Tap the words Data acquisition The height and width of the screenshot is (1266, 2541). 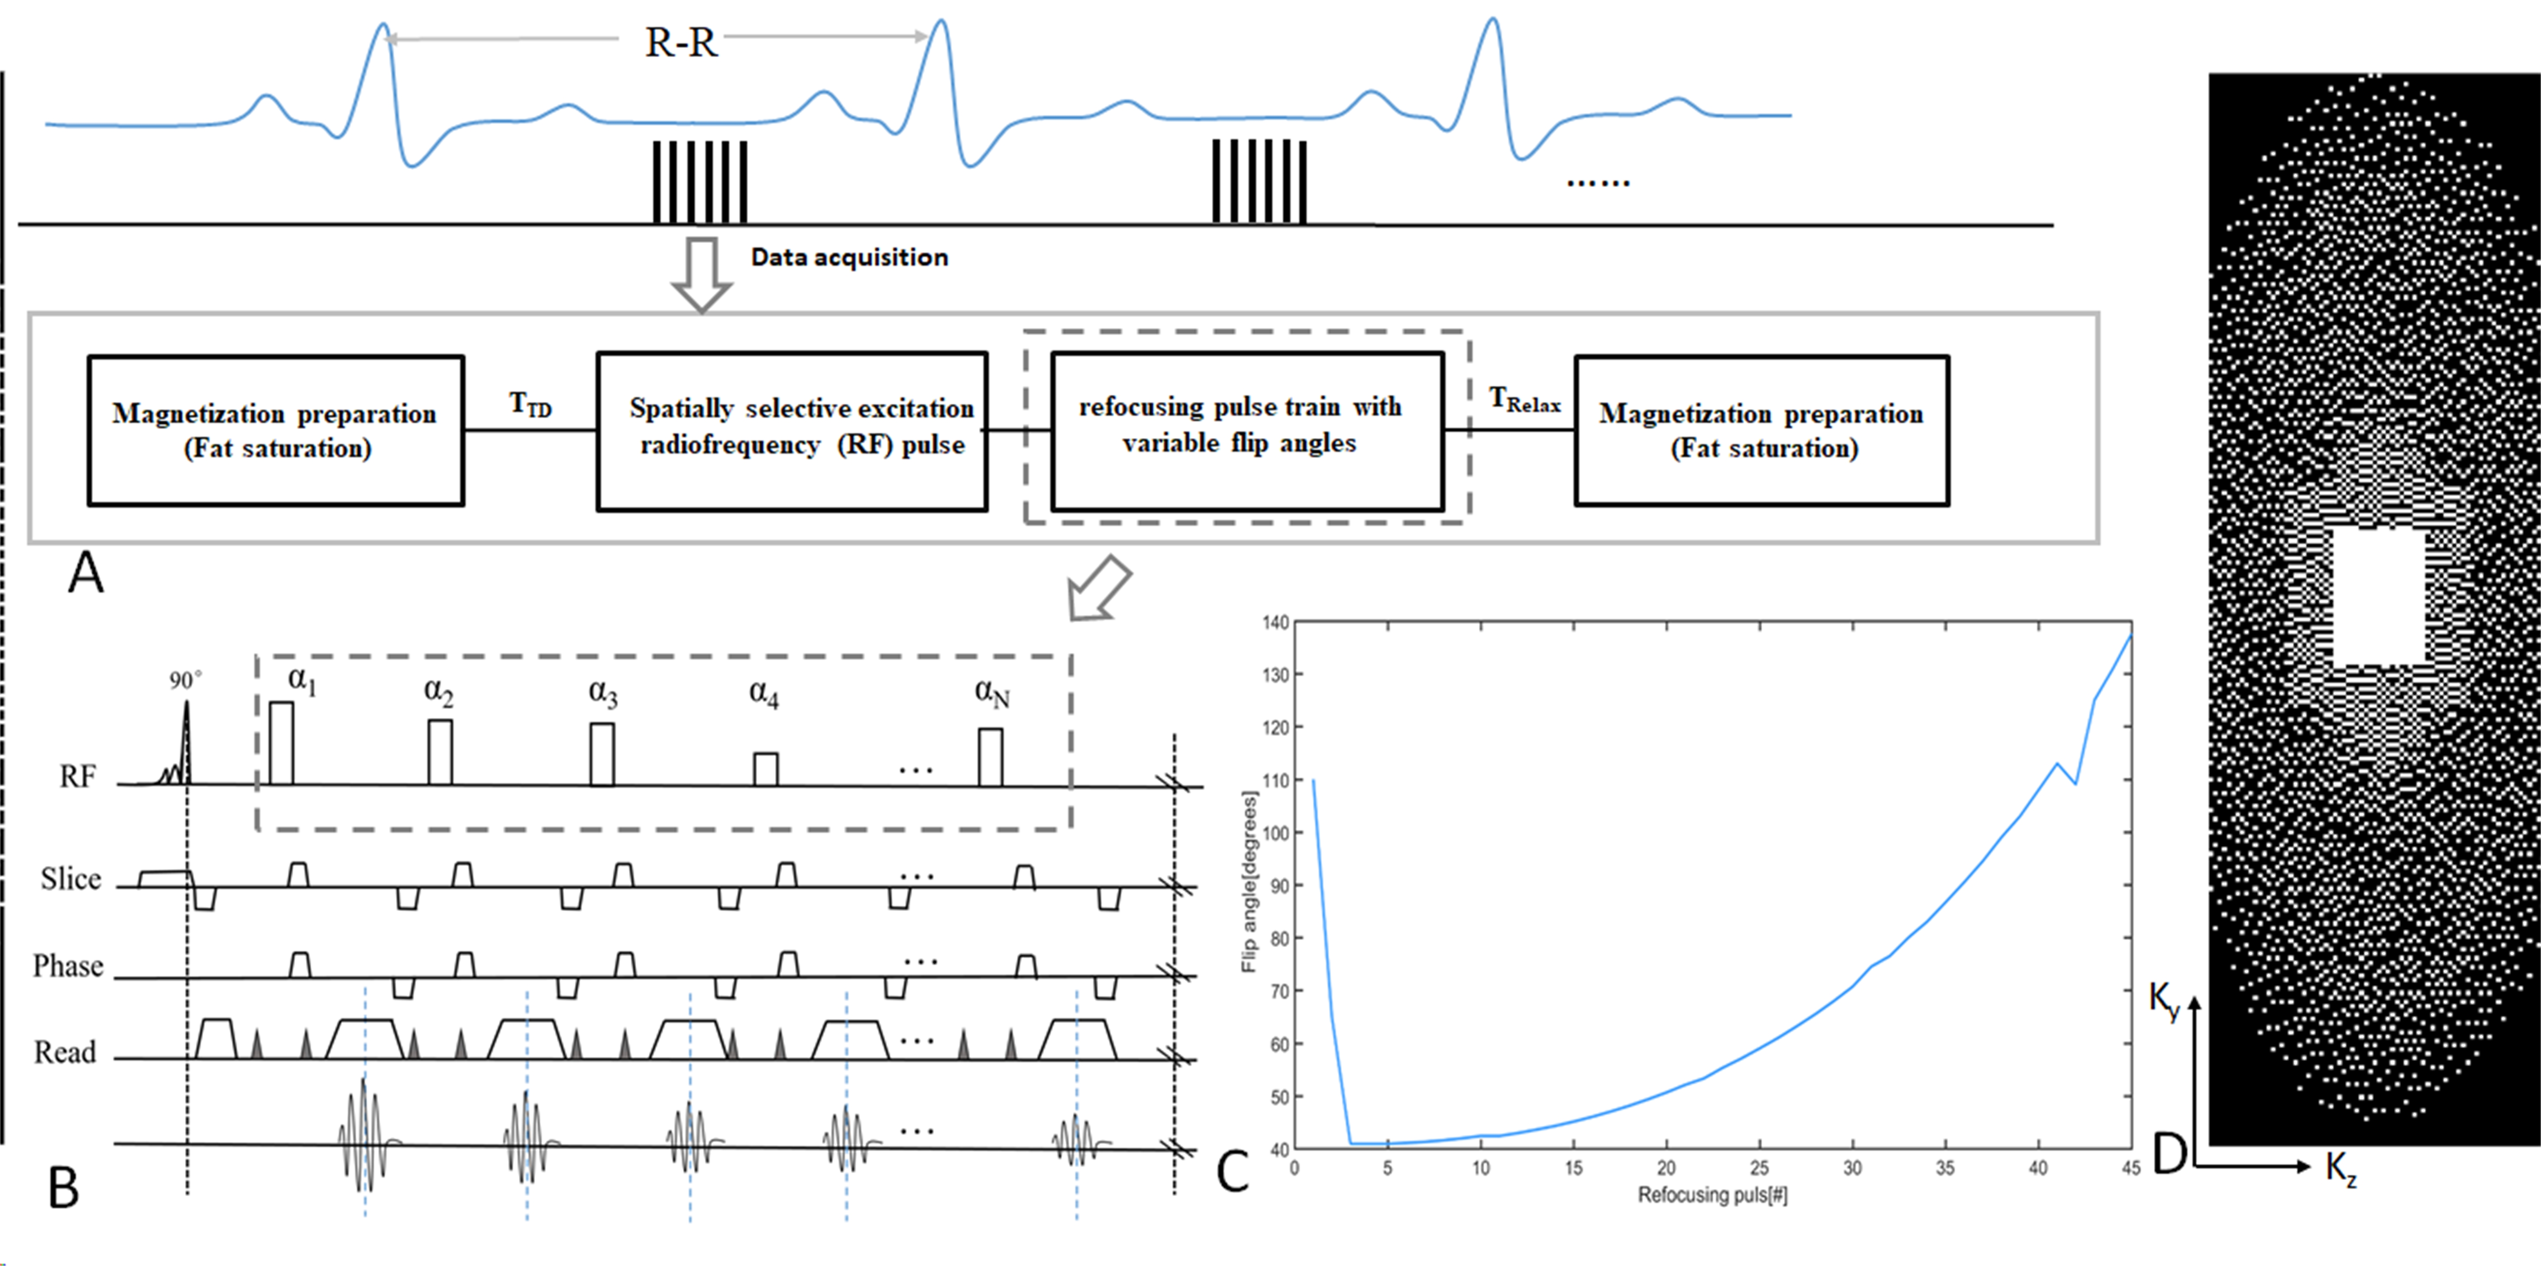pyautogui.click(x=849, y=257)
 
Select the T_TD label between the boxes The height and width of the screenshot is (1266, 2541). pyautogui.click(x=531, y=405)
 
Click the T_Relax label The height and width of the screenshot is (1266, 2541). pyautogui.click(x=1524, y=399)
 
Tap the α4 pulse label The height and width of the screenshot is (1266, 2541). pyautogui.click(x=764, y=694)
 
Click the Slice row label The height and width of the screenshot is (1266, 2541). pyautogui.click(x=71, y=878)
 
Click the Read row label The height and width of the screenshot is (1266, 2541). pyautogui.click(x=65, y=1052)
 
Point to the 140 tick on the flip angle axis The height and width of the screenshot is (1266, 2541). pyautogui.click(x=1275, y=623)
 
